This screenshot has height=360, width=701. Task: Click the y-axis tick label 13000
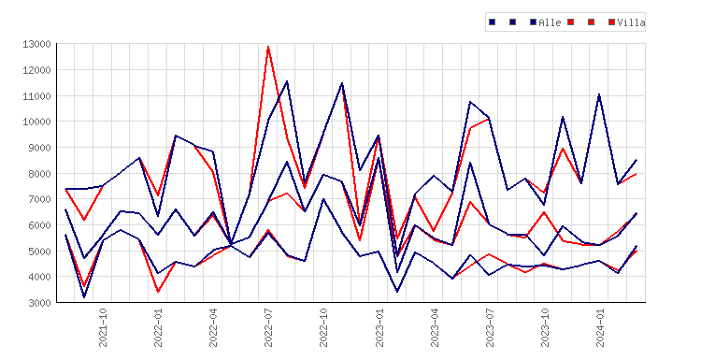click(36, 44)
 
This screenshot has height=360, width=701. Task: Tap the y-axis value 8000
click(39, 174)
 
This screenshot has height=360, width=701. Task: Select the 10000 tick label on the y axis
click(36, 122)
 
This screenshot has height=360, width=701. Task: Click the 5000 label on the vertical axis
click(39, 251)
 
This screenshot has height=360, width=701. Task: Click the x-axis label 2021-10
click(103, 327)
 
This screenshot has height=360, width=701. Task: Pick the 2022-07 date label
click(268, 327)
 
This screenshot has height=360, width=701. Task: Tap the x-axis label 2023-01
click(379, 327)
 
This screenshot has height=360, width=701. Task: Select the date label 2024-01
click(599, 327)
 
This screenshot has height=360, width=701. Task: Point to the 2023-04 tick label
click(434, 327)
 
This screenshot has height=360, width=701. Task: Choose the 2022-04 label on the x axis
click(213, 327)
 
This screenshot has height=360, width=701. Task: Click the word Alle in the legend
click(550, 22)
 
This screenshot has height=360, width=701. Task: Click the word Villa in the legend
click(631, 22)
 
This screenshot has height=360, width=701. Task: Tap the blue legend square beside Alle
click(533, 22)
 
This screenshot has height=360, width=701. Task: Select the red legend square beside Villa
click(611, 22)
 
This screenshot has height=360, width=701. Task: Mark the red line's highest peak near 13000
click(268, 47)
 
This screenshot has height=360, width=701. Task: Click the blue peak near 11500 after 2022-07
click(287, 81)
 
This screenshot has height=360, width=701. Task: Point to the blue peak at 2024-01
click(599, 94)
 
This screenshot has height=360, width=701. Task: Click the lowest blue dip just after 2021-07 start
click(84, 296)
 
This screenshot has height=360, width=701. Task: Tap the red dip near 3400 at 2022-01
click(158, 291)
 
